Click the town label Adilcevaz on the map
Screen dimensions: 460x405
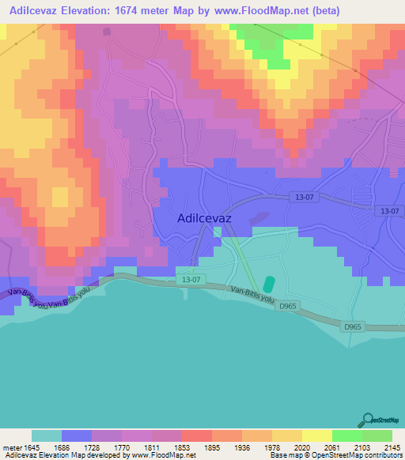pyautogui.click(x=208, y=219)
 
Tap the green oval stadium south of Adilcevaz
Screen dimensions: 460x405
pyautogui.click(x=269, y=284)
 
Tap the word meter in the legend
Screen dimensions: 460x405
pyautogui.click(x=13, y=447)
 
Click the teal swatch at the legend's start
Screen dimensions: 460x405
pyautogui.click(x=47, y=435)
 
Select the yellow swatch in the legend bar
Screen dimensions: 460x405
pyautogui.click(x=316, y=435)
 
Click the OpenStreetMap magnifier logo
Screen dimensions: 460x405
pyautogui.click(x=366, y=419)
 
